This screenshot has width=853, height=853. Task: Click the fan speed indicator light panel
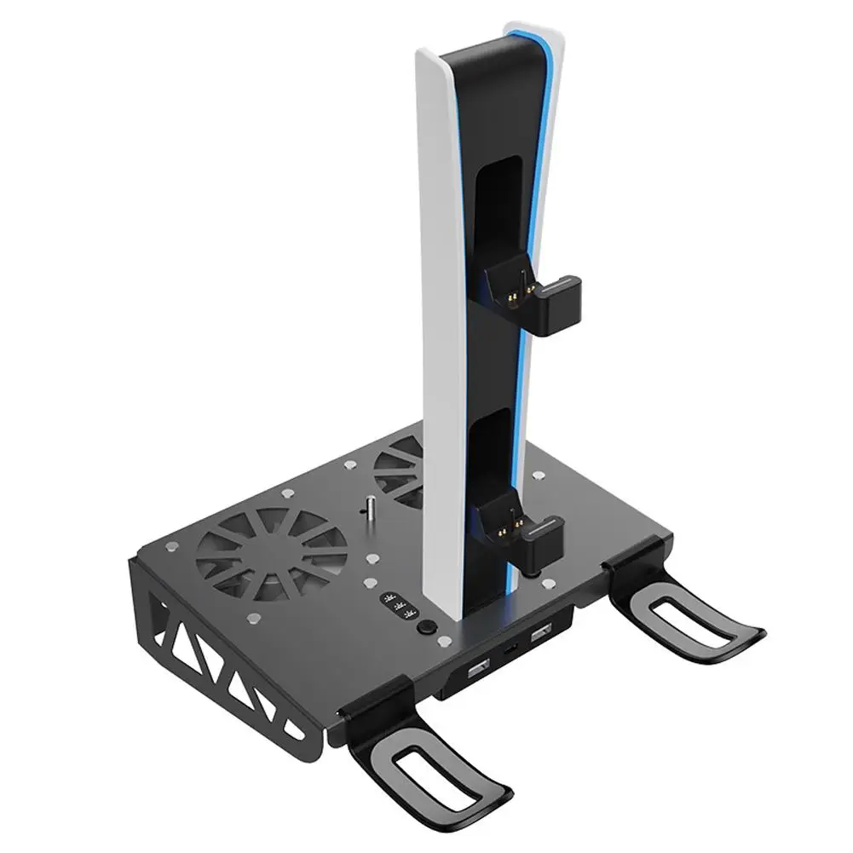coord(396,607)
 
